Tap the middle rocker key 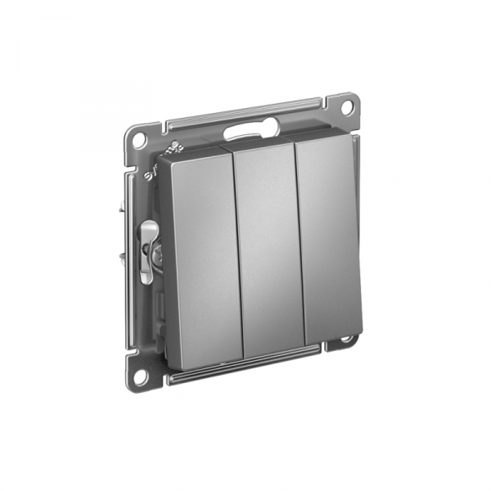click(268, 245)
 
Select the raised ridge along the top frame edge click(245, 113)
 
